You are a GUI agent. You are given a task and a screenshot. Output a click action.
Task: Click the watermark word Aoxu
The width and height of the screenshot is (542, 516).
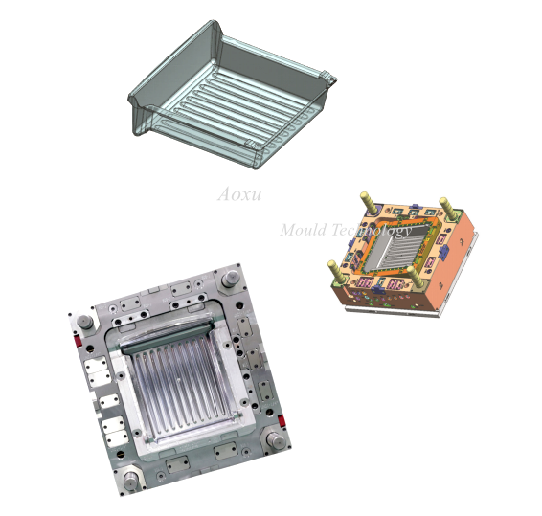[239, 194]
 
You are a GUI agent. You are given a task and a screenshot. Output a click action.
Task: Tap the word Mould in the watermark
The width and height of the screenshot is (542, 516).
[304, 230]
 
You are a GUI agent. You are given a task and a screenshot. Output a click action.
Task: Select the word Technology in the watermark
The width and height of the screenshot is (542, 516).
[372, 231]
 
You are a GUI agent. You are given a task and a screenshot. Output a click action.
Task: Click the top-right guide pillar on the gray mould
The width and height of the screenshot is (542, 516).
[231, 278]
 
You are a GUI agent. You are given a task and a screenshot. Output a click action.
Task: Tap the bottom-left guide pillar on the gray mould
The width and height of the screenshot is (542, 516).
[131, 480]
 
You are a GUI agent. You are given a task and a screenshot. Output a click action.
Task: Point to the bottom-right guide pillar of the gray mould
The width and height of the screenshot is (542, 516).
[276, 440]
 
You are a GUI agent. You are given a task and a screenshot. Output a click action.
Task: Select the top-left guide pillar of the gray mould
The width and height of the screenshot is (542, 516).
[84, 322]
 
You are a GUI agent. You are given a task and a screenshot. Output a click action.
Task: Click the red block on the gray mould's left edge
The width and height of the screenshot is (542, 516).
[79, 341]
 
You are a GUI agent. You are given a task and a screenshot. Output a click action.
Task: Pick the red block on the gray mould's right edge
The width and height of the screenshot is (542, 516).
[282, 421]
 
